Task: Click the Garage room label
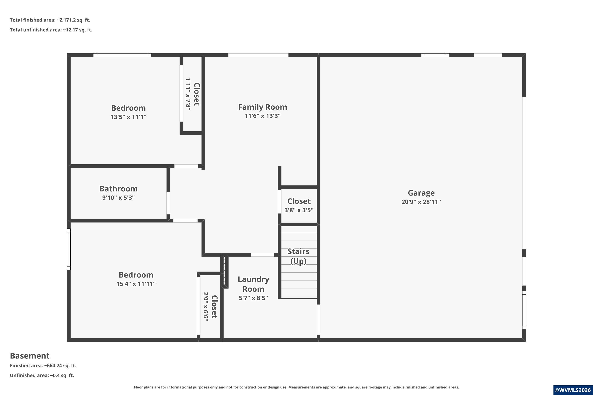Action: pyautogui.click(x=421, y=193)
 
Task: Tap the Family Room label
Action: pyautogui.click(x=263, y=107)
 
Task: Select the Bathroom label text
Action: pyautogui.click(x=118, y=189)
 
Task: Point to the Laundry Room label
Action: pyautogui.click(x=253, y=284)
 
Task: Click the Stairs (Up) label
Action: pyautogui.click(x=298, y=256)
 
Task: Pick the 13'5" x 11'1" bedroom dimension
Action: pyautogui.click(x=128, y=117)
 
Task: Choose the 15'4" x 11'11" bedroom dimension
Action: pyautogui.click(x=136, y=284)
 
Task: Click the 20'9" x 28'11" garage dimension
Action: pyautogui.click(x=421, y=202)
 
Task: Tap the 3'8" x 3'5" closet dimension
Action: pyautogui.click(x=299, y=210)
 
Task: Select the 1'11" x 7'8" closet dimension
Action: pyautogui.click(x=188, y=94)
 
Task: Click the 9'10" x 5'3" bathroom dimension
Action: pyautogui.click(x=118, y=198)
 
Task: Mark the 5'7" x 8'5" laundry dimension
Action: pyautogui.click(x=253, y=298)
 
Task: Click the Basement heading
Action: pyautogui.click(x=30, y=356)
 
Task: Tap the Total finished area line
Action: pyautogui.click(x=50, y=20)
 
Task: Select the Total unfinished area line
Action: pyautogui.click(x=51, y=30)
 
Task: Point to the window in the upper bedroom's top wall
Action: pyautogui.click(x=122, y=55)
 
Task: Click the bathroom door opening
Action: pyautogui.click(x=168, y=203)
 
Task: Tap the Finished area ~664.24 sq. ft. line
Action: pyautogui.click(x=43, y=366)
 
